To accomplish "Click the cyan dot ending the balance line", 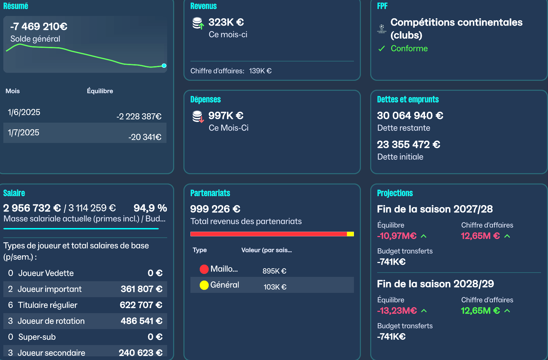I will click(x=164, y=65).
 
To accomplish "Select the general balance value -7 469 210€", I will click(x=39, y=26).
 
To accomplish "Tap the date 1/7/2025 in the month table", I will click(x=24, y=133).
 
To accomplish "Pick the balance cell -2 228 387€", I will click(x=139, y=116).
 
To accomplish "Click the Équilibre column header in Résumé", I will click(x=100, y=91).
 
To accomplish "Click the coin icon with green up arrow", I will click(x=198, y=23).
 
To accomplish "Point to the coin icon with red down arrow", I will click(x=198, y=117).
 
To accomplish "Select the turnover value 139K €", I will click(x=260, y=71).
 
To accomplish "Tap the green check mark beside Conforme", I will click(x=382, y=49).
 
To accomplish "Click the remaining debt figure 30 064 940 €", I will click(x=410, y=116).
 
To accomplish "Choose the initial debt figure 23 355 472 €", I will click(x=408, y=145).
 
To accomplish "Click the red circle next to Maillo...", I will click(x=204, y=269).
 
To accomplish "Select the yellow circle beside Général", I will click(x=204, y=285).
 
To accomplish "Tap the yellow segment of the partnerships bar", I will click(x=350, y=234).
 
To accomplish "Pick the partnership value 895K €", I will click(x=274, y=271).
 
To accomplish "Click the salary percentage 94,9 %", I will click(x=150, y=208).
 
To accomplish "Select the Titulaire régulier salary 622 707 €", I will click(x=141, y=305).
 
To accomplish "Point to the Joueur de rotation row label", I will click(x=51, y=321).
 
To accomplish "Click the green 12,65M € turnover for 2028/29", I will click(x=480, y=311).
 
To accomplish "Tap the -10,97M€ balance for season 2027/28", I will click(x=397, y=236).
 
